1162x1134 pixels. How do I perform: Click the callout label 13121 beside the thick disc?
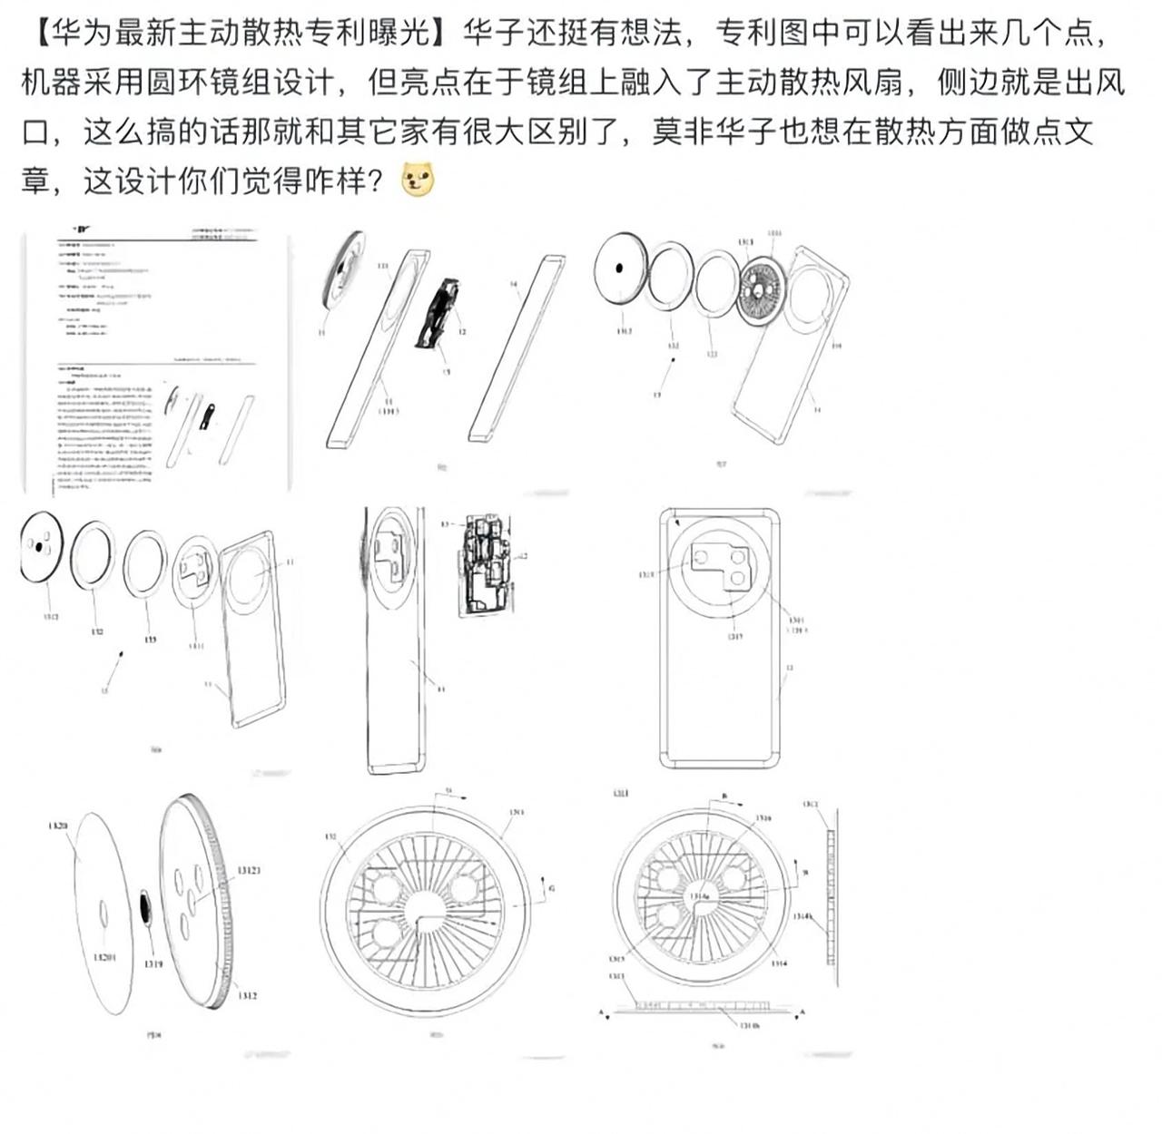pos(249,870)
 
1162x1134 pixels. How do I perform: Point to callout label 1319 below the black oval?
pos(153,963)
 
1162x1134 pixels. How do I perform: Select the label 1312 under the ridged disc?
pos(248,995)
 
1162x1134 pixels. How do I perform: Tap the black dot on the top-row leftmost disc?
pos(618,268)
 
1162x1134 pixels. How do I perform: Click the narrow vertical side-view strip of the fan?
pos(828,890)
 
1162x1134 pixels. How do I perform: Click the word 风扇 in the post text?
pos(873,83)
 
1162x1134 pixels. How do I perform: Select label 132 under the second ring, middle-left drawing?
pos(97,631)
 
